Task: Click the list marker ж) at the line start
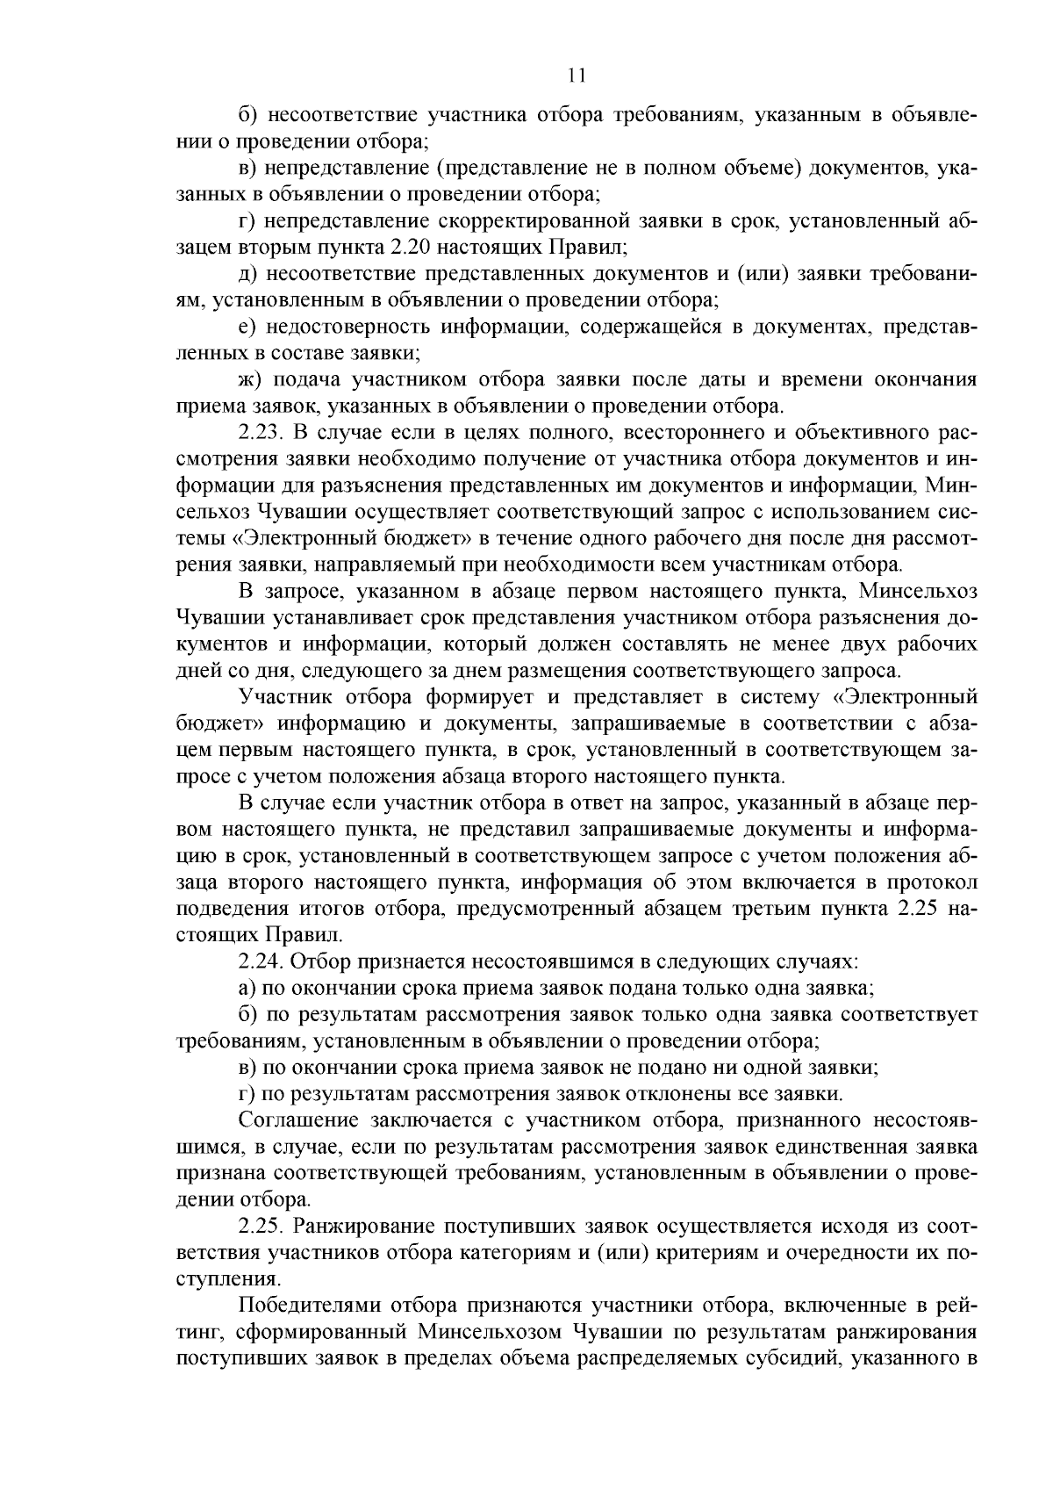[250, 380]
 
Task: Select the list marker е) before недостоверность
[247, 328]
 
